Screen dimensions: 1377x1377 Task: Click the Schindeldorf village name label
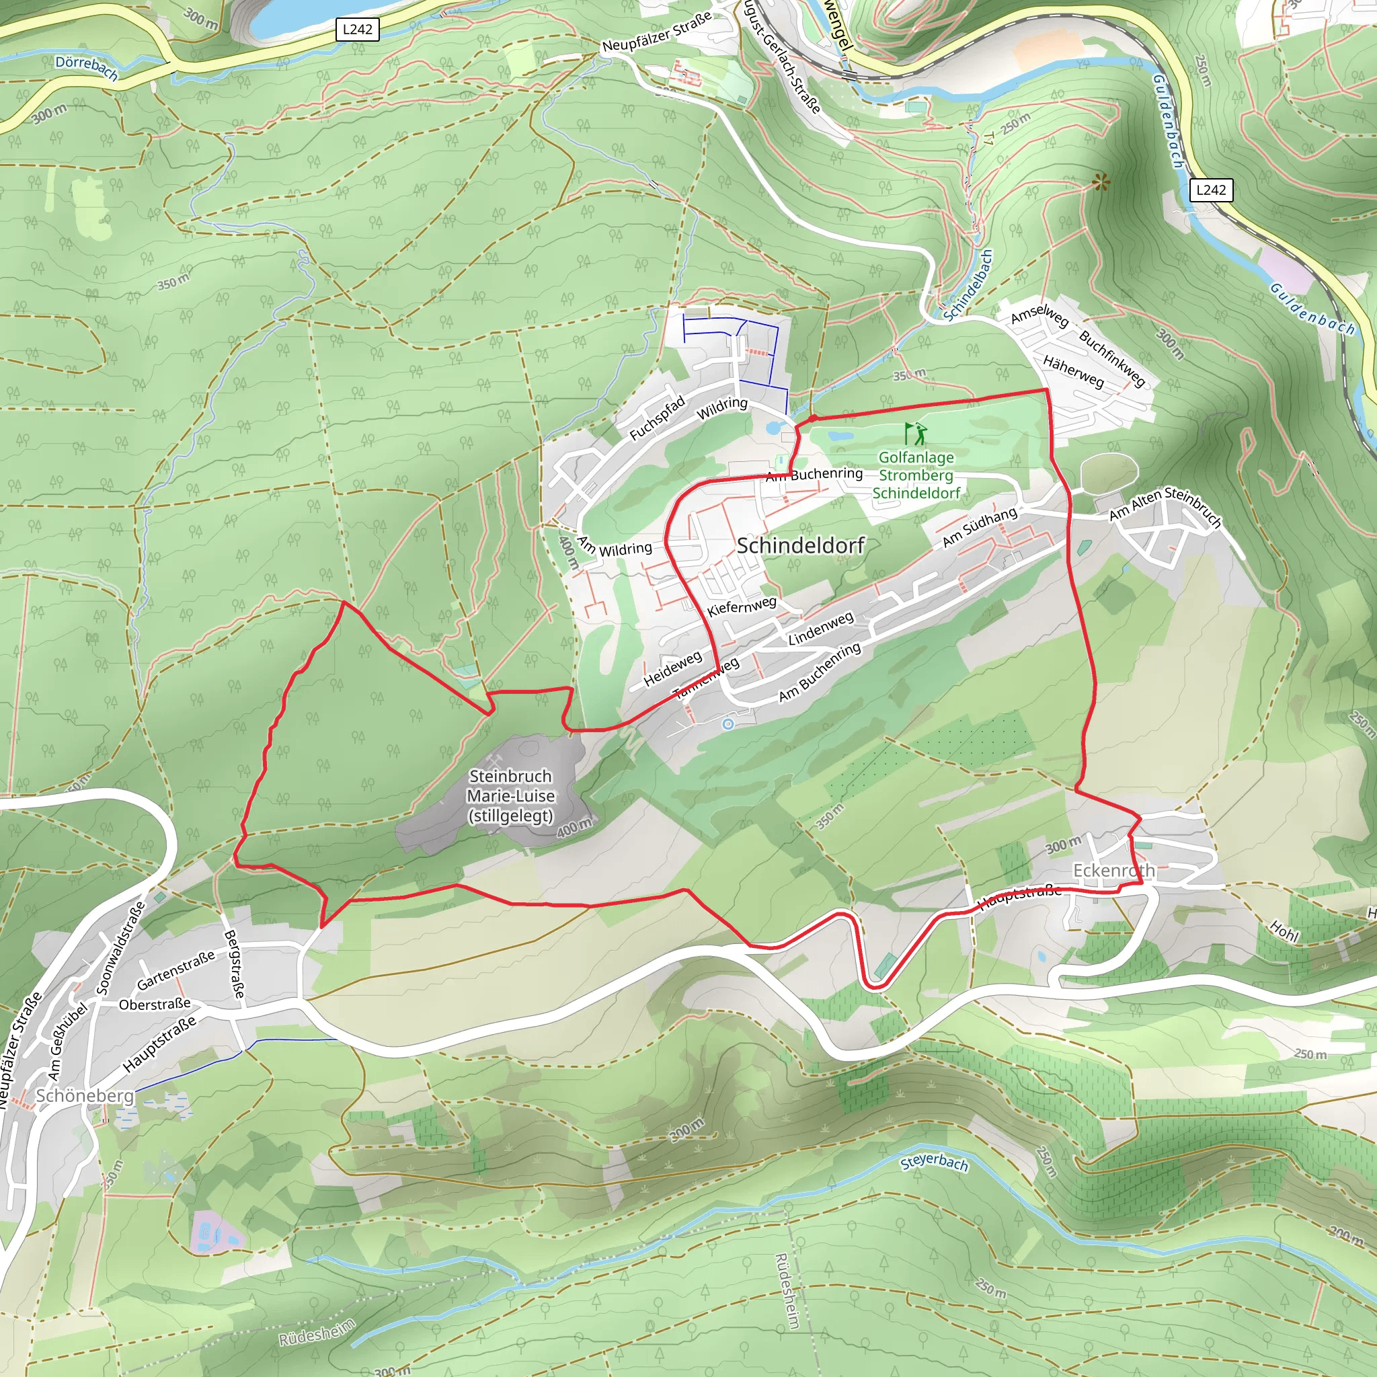click(x=800, y=546)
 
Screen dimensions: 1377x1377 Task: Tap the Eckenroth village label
click(x=1113, y=870)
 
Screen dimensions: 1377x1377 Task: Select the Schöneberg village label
click(x=85, y=1095)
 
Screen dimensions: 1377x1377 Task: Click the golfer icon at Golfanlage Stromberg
click(x=916, y=434)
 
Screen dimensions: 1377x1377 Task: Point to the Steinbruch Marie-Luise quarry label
click(x=511, y=795)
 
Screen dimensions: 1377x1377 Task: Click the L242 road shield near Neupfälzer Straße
click(x=357, y=29)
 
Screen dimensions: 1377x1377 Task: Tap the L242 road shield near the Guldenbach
click(x=1211, y=190)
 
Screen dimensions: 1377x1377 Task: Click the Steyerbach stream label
click(x=934, y=1163)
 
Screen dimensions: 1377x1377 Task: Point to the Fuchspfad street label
click(x=656, y=418)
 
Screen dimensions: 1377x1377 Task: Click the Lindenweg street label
click(x=820, y=629)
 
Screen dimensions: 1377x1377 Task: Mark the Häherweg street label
click(x=1073, y=372)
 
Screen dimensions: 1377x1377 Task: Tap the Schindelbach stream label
click(x=967, y=285)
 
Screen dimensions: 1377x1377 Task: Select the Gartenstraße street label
click(x=175, y=970)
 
